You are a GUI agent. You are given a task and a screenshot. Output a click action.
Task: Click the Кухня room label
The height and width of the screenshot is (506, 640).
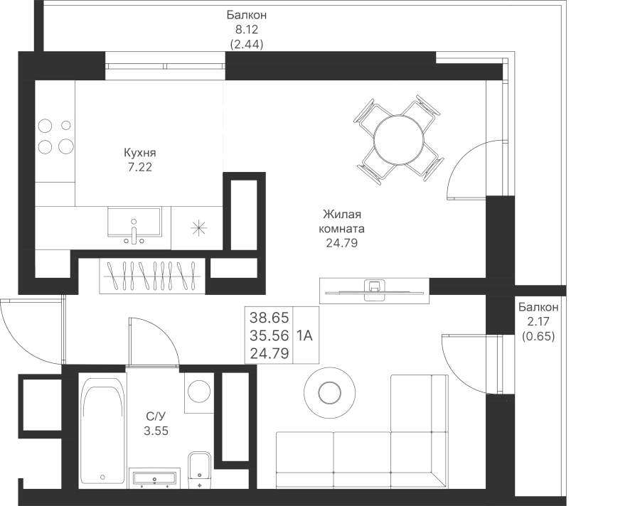click(x=139, y=154)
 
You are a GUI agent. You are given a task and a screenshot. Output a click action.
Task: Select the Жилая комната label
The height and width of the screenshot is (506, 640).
click(x=343, y=222)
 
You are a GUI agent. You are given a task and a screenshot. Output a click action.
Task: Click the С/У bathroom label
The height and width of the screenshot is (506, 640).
click(x=156, y=416)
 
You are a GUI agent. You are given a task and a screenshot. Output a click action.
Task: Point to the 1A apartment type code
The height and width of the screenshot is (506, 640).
click(x=305, y=335)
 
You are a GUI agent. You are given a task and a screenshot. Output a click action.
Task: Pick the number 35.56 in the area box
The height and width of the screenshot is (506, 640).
click(x=270, y=335)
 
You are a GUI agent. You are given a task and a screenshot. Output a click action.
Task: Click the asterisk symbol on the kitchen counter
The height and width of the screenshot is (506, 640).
click(x=198, y=228)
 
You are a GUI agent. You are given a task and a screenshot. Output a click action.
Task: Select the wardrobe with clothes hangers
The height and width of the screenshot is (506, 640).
click(x=152, y=275)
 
